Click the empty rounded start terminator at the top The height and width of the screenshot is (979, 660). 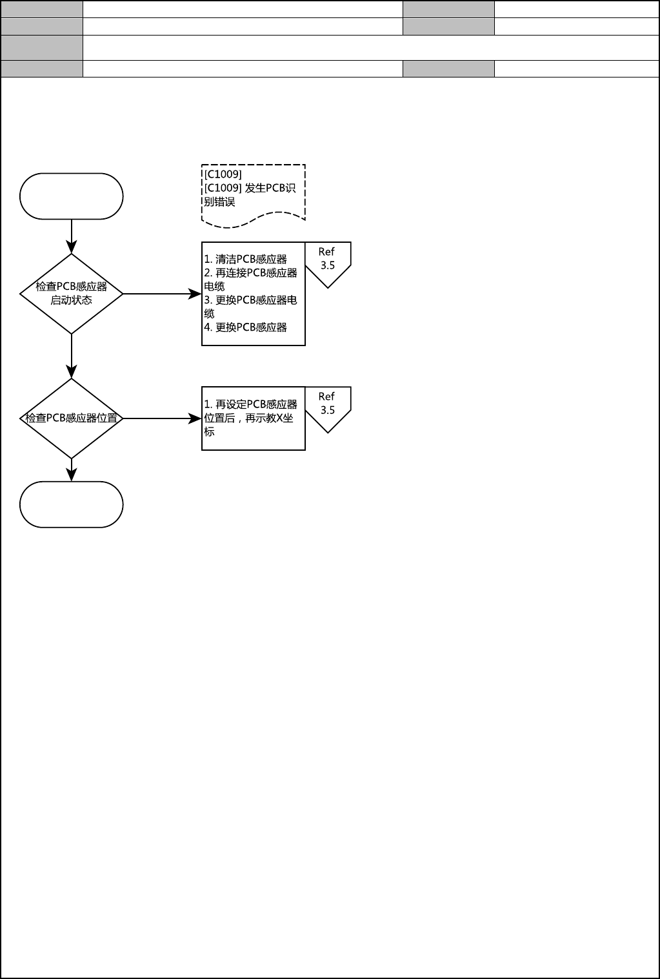[71, 196]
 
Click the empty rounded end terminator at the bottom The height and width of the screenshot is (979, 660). [71, 504]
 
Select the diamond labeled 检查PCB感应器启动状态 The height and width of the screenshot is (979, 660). [71, 294]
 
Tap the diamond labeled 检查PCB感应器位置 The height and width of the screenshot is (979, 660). [71, 418]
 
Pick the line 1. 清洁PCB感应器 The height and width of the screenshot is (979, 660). [245, 259]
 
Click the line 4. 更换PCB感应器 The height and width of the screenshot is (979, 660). [245, 327]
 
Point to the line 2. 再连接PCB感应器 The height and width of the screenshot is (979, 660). [250, 273]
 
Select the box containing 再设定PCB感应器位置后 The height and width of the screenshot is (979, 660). [253, 418]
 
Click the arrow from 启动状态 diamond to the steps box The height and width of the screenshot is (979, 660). [161, 294]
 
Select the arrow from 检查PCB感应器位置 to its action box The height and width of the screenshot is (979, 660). [161, 418]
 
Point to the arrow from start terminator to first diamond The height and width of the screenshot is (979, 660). [71, 236]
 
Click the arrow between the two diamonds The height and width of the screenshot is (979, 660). [71, 355]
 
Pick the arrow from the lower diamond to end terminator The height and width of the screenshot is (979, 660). [71, 469]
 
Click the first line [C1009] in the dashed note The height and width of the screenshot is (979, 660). [223, 174]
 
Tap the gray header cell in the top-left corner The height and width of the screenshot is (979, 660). [42, 9]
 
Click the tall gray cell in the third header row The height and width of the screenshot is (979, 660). [42, 48]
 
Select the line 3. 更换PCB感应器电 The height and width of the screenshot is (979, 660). [250, 300]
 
